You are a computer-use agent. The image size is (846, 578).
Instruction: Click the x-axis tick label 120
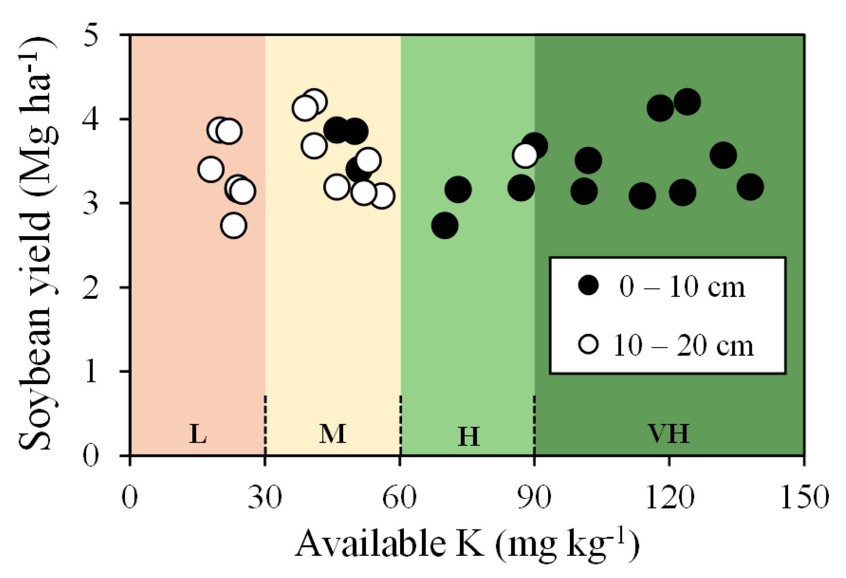click(x=669, y=498)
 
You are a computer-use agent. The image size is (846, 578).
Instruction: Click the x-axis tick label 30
click(x=264, y=498)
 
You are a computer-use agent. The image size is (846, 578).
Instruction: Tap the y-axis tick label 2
click(x=91, y=288)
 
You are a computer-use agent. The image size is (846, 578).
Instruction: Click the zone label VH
click(x=669, y=433)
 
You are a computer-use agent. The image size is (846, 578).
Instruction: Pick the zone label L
click(x=198, y=434)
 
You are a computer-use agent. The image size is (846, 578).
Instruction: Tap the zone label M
click(x=333, y=434)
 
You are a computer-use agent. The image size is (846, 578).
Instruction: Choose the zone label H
click(x=468, y=437)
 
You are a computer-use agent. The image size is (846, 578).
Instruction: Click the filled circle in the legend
click(x=588, y=285)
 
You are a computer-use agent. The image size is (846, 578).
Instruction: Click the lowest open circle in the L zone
click(x=233, y=225)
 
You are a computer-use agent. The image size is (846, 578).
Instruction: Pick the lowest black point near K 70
click(x=444, y=225)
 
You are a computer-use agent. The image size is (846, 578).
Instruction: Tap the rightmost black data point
click(x=750, y=187)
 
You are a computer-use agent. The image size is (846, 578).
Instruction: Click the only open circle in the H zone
click(x=525, y=155)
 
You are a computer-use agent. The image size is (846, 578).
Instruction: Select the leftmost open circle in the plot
click(x=210, y=169)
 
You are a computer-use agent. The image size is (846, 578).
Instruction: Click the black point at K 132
click(x=723, y=155)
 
